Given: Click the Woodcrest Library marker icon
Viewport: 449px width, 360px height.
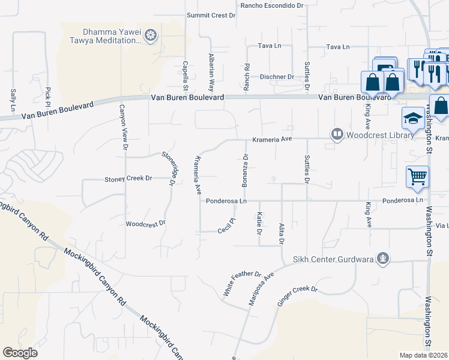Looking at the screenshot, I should [337, 135].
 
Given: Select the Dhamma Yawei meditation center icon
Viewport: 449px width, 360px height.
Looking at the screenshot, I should [151, 35].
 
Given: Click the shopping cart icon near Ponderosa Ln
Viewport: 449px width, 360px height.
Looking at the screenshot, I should [417, 176].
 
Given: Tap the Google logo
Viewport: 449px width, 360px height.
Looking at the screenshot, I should [20, 353].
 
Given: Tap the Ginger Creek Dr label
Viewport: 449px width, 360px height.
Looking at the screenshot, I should [297, 297].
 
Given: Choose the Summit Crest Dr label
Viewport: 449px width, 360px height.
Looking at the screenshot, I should [211, 16].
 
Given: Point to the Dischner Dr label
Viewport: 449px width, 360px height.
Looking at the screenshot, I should [277, 77].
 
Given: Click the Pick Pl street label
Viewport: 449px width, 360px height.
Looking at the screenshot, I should [47, 94].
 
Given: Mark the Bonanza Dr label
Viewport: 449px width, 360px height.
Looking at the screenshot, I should [245, 170].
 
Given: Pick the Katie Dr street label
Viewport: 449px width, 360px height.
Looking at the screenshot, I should [259, 223].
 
